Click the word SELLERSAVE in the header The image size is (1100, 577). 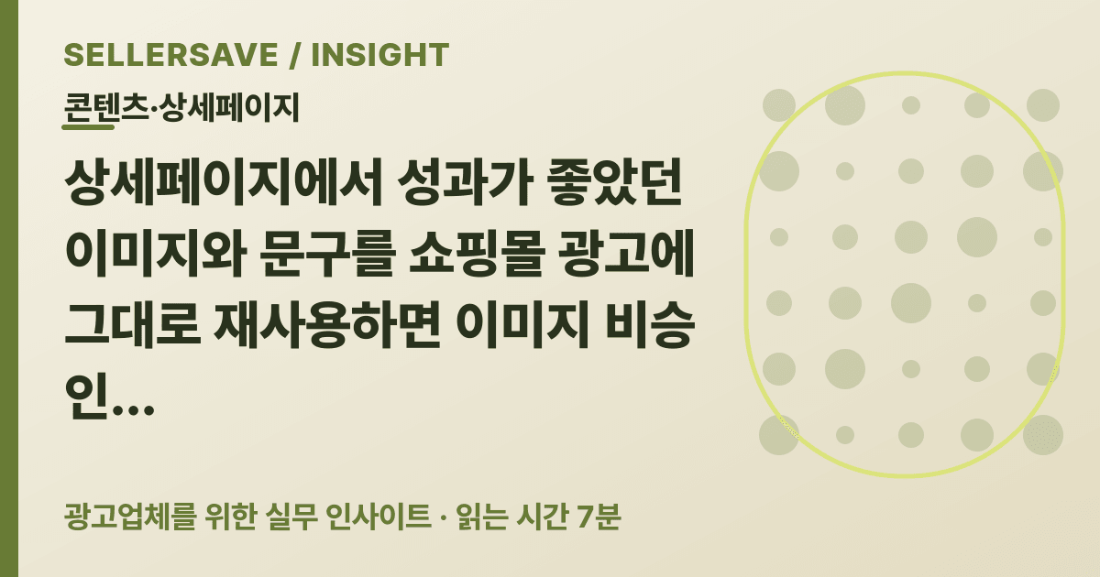point(170,54)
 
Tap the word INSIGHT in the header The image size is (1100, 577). point(380,54)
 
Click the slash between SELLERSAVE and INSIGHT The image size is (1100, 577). point(294,54)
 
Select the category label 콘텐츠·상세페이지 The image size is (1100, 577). point(181,108)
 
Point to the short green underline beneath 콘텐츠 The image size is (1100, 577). point(88,127)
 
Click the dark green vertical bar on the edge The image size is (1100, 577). point(9,288)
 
